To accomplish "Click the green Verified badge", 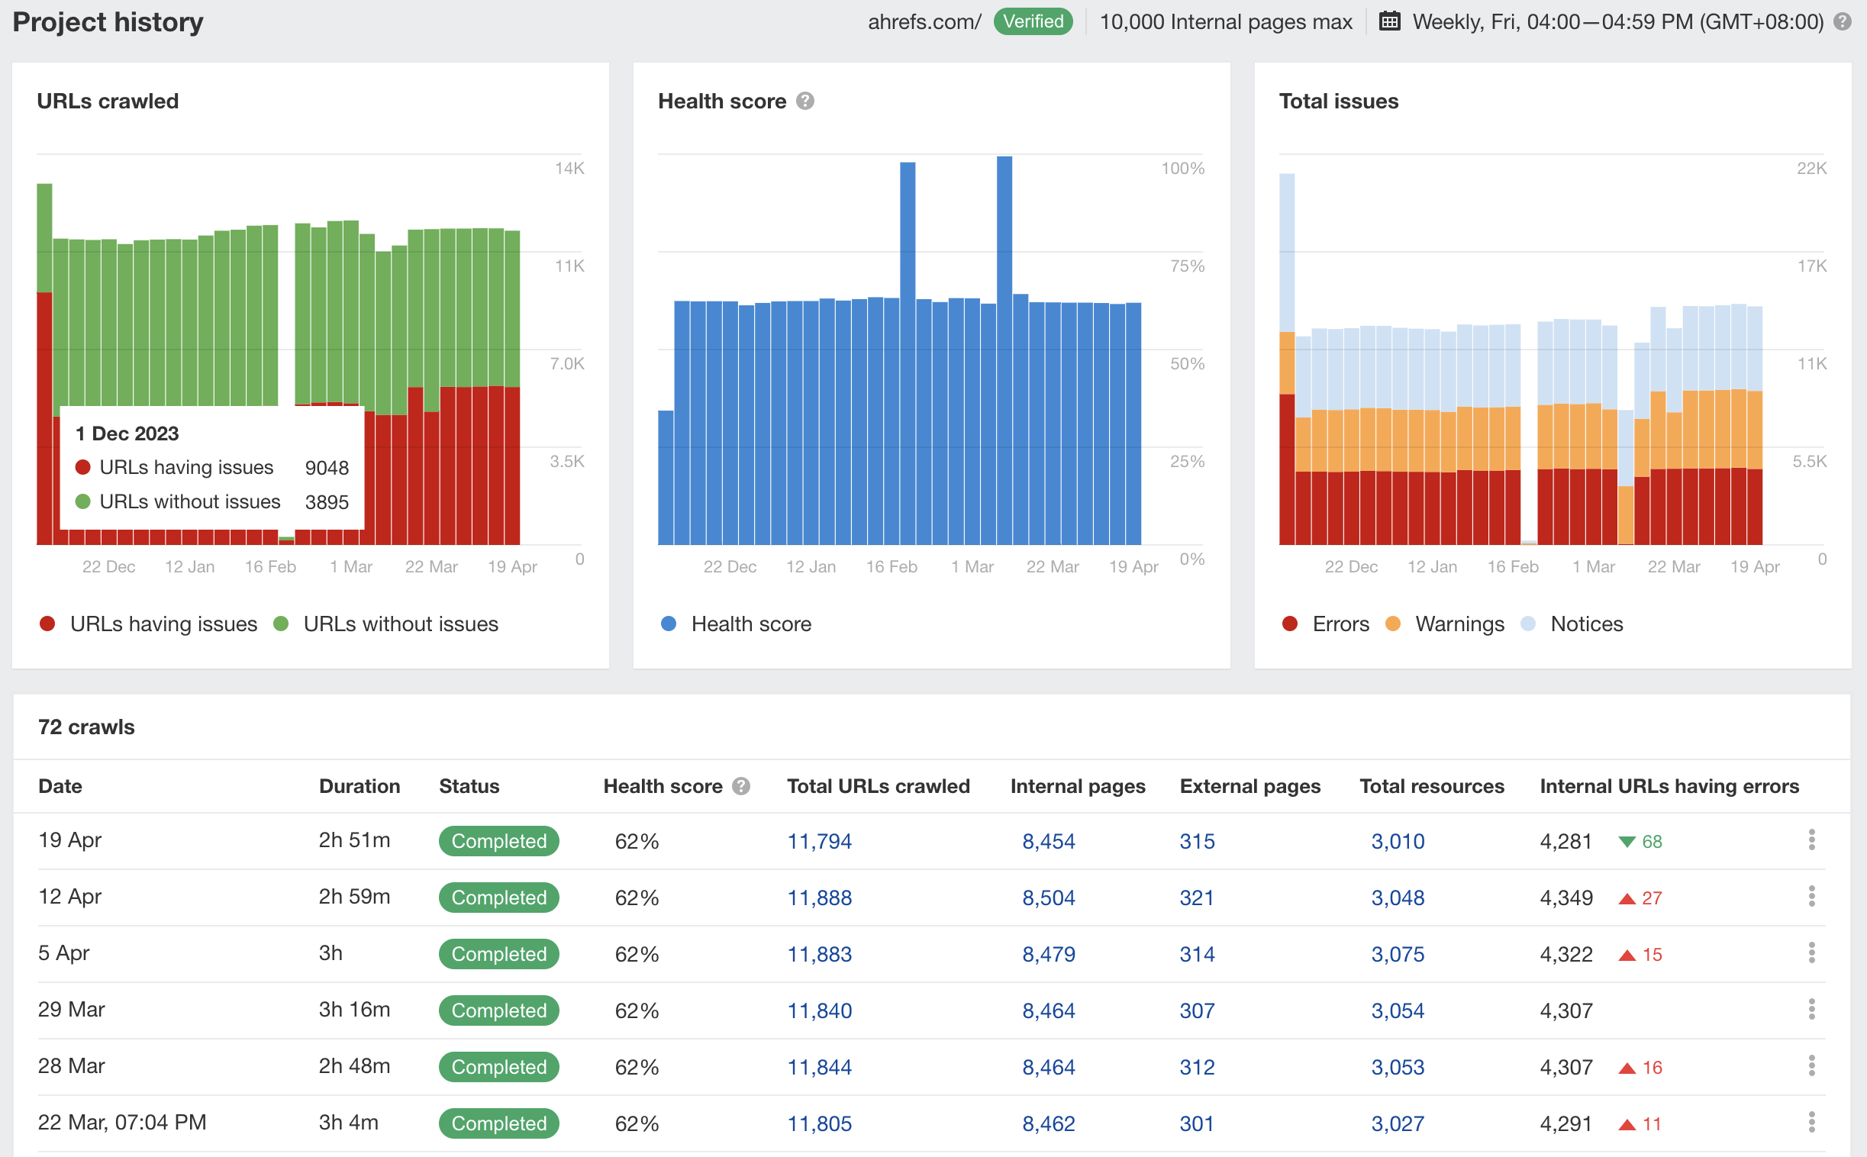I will click(x=1032, y=21).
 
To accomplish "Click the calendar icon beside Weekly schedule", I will click(x=1388, y=21).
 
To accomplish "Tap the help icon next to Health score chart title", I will click(x=805, y=101).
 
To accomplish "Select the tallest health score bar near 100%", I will click(x=1004, y=306).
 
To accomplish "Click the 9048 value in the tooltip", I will click(x=327, y=468).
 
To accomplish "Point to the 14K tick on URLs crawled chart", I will click(x=569, y=169).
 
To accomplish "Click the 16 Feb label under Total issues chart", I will click(x=1512, y=567).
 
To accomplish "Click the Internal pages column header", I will click(x=1076, y=786).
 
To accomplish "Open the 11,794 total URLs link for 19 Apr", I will click(x=819, y=841).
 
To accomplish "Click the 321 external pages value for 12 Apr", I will click(x=1196, y=898).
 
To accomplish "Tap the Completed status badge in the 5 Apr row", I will click(x=498, y=954).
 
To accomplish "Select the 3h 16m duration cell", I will click(x=354, y=1009).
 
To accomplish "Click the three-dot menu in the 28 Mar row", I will click(x=1811, y=1066).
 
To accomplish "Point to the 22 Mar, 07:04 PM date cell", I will click(x=121, y=1123).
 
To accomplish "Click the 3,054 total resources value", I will click(x=1396, y=1010).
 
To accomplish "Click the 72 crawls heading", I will click(x=86, y=727).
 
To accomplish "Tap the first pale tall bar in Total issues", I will click(x=1286, y=253).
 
